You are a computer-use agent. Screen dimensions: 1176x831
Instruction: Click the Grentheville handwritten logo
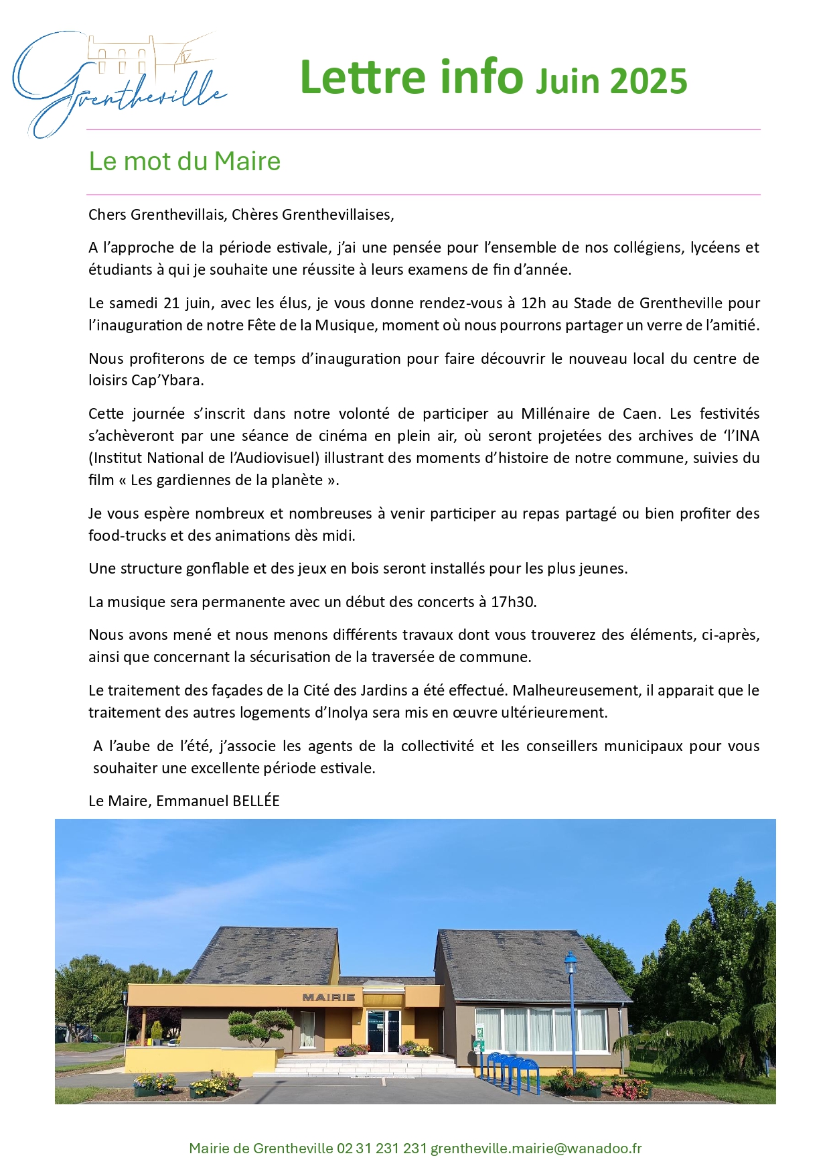pyautogui.click(x=119, y=84)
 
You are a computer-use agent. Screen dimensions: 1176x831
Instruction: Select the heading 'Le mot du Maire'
pyautogui.click(x=184, y=161)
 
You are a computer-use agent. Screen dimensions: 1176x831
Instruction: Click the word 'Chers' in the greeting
pyautogui.click(x=107, y=214)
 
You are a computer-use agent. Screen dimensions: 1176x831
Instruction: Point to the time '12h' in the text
pyautogui.click(x=534, y=303)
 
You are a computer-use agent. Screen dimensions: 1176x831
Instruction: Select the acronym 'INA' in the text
pyautogui.click(x=746, y=436)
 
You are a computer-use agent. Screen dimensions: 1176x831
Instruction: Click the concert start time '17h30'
pyautogui.click(x=513, y=602)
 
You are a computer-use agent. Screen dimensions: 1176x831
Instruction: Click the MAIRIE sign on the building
pyautogui.click(x=328, y=997)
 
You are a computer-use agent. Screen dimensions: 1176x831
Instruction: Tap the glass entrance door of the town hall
pyautogui.click(x=383, y=1031)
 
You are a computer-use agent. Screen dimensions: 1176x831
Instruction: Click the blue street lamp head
pyautogui.click(x=570, y=964)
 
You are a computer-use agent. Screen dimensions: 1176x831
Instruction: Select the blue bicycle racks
pyautogui.click(x=512, y=1070)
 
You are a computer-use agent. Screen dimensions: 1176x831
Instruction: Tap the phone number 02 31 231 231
pyautogui.click(x=382, y=1148)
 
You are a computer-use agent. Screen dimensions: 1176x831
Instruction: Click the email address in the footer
pyautogui.click(x=536, y=1148)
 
